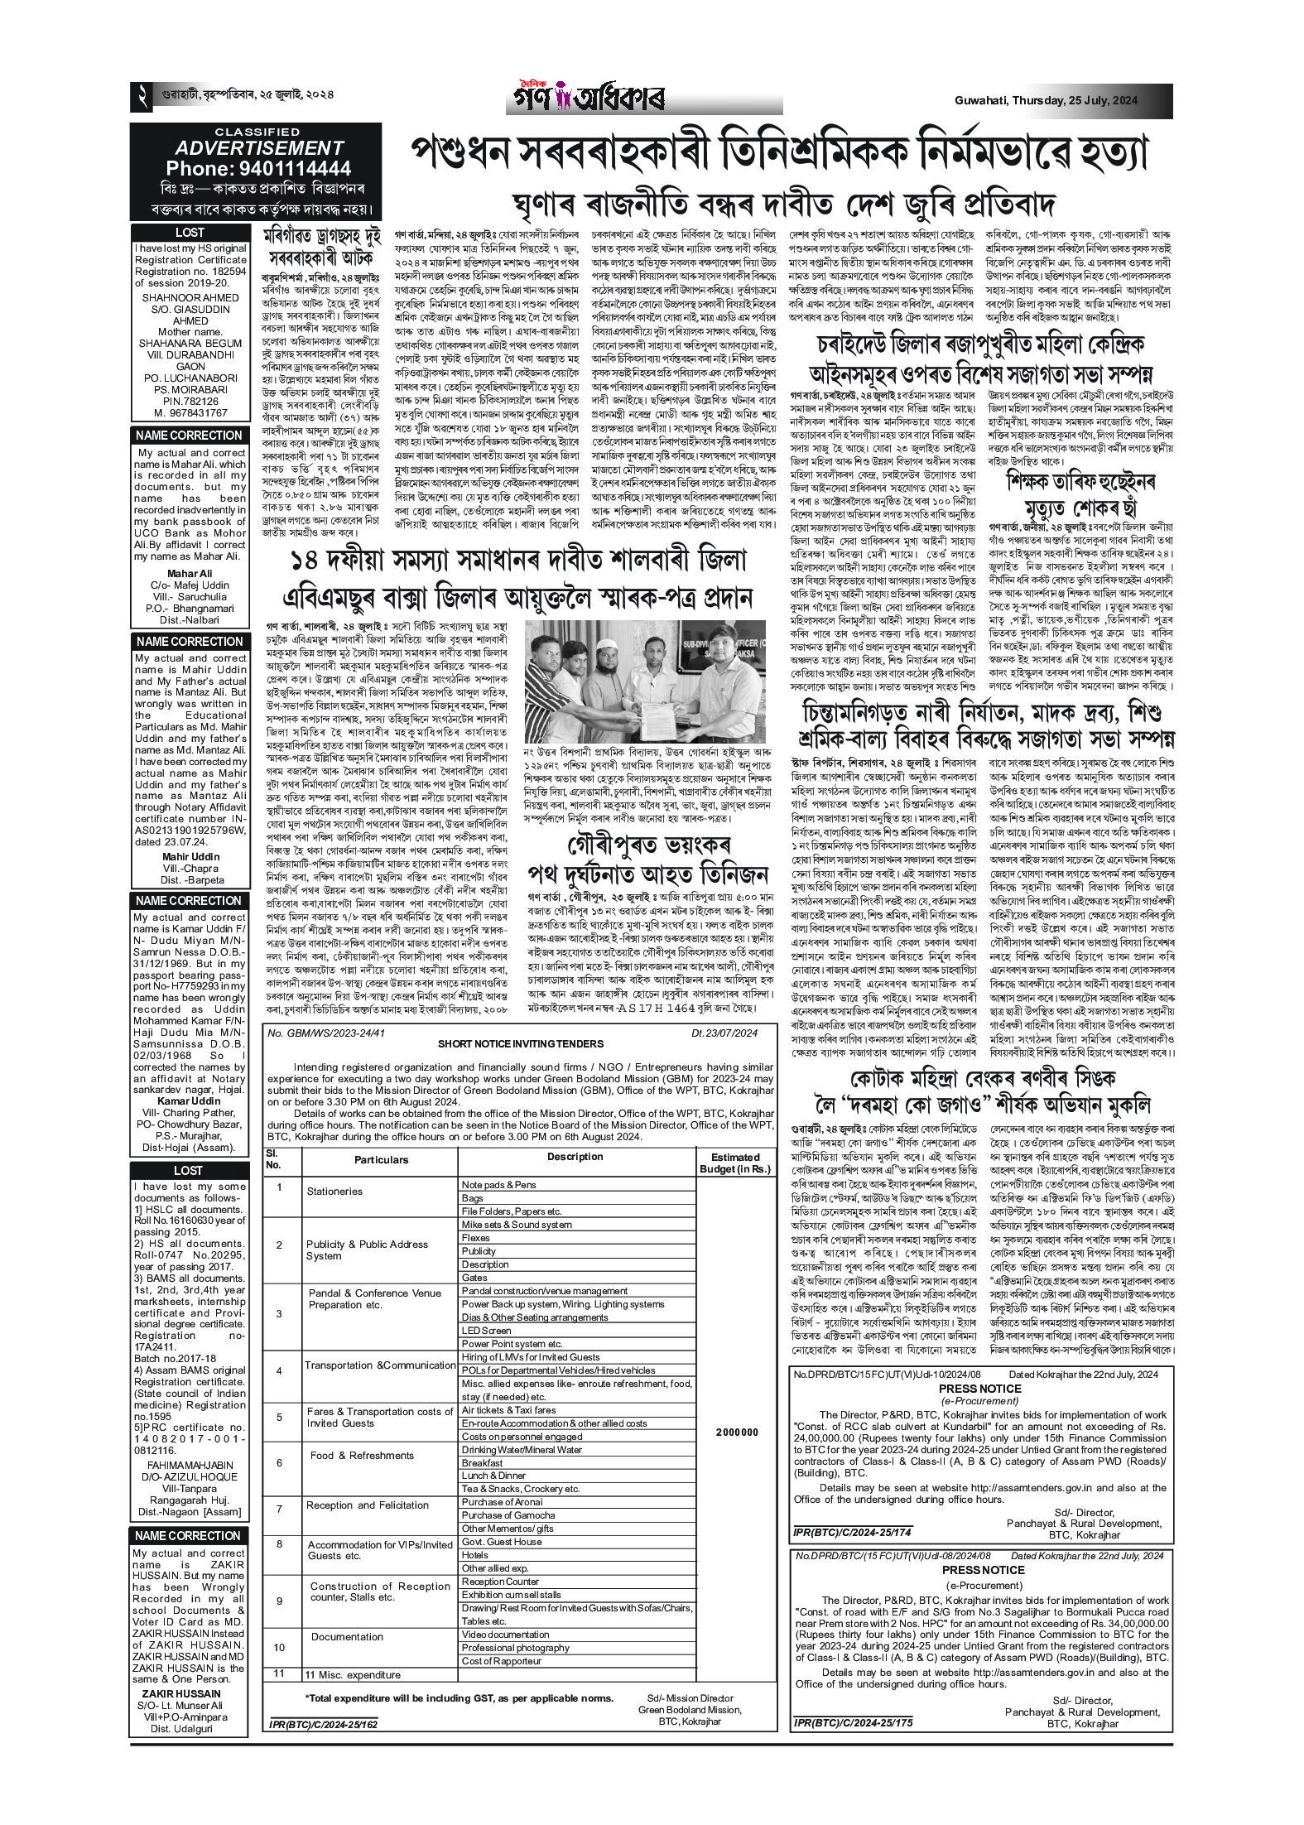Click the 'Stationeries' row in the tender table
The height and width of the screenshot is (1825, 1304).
(x=334, y=1191)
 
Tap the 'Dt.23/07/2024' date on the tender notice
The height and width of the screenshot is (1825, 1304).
(x=724, y=1033)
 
